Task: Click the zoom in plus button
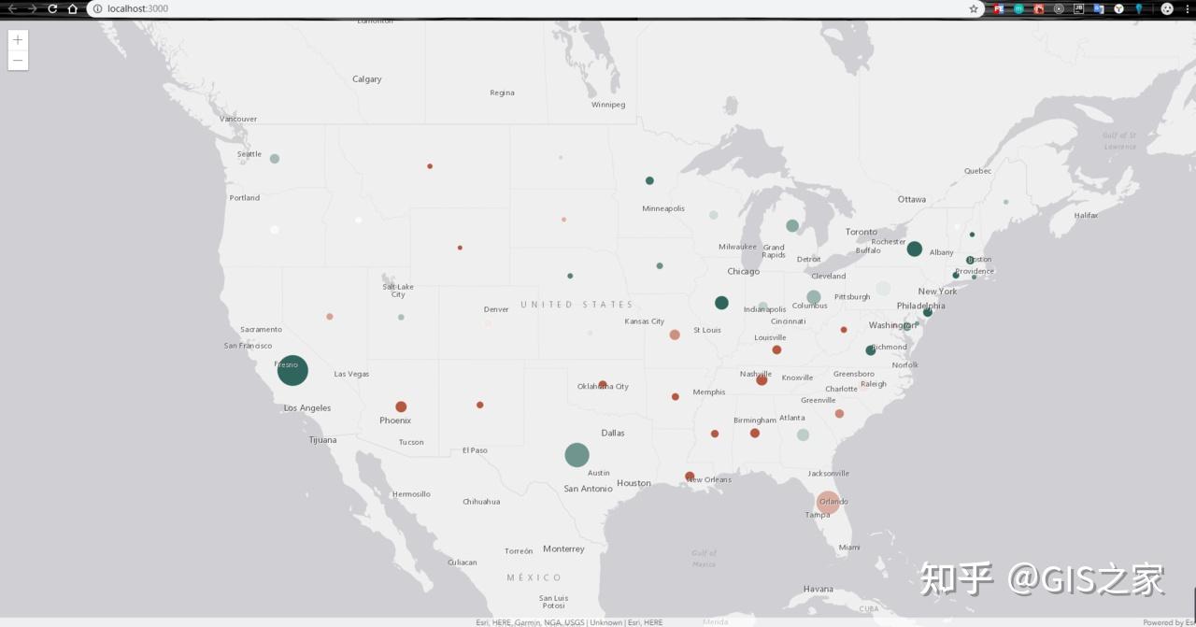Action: pyautogui.click(x=18, y=40)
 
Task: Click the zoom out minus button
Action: pyautogui.click(x=18, y=60)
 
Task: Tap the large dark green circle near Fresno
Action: pyautogui.click(x=292, y=370)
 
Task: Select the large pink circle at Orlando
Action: pyautogui.click(x=828, y=502)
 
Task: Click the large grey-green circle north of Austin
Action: pyautogui.click(x=577, y=455)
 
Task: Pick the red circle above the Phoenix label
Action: pyautogui.click(x=401, y=406)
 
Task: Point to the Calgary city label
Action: pyautogui.click(x=366, y=79)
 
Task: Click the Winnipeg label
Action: pyautogui.click(x=607, y=105)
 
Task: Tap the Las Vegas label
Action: pyautogui.click(x=351, y=374)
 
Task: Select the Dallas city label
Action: pyautogui.click(x=613, y=433)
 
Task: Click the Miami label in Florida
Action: pyautogui.click(x=848, y=548)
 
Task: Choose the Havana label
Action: pyautogui.click(x=818, y=589)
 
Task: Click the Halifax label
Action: pyautogui.click(x=1086, y=215)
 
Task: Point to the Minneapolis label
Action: pyautogui.click(x=663, y=208)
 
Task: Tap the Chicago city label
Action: pyautogui.click(x=743, y=272)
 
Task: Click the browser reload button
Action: pyautogui.click(x=52, y=8)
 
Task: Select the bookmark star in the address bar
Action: pyautogui.click(x=974, y=8)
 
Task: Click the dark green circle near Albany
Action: pyautogui.click(x=914, y=249)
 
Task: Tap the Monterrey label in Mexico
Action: pyautogui.click(x=563, y=549)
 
